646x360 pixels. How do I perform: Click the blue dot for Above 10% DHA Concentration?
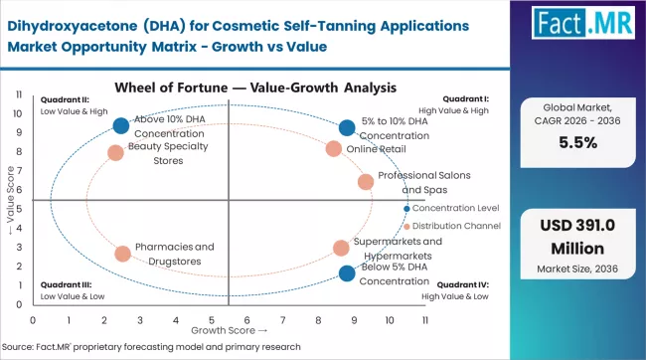click(121, 125)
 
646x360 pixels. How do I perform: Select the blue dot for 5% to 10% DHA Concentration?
click(346, 127)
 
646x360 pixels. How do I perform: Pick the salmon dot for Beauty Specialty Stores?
click(115, 153)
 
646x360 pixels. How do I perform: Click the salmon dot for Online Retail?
click(333, 149)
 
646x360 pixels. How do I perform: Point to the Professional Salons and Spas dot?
click(366, 181)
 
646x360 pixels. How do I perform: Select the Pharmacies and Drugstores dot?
click(122, 254)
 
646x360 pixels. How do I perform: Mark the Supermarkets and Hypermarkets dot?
click(341, 248)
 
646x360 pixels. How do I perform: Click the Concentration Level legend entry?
click(451, 208)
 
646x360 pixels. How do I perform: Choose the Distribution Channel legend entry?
click(451, 227)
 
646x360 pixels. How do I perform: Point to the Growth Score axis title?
click(229, 329)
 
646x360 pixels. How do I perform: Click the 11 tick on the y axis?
click(19, 94)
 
